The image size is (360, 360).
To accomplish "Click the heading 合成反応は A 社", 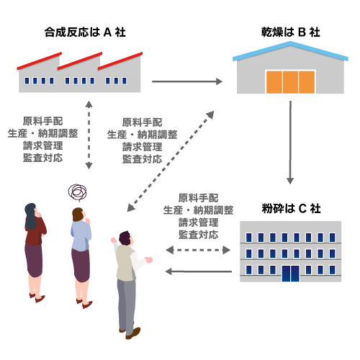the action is (85, 32).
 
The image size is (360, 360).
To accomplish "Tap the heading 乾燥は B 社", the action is (290, 32).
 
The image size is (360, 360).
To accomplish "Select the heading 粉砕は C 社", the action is (291, 208).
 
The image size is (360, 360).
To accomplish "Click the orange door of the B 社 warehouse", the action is (290, 82).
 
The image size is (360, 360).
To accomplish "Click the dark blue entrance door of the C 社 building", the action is (291, 274).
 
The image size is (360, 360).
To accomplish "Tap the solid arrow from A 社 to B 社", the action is (187, 81).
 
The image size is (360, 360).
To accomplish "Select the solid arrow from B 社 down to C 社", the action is (290, 143).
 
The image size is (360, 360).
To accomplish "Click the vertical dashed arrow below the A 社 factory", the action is (89, 135).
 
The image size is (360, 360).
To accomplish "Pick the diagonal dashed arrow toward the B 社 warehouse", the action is (171, 161).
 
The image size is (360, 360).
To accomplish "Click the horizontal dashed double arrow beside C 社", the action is (198, 250).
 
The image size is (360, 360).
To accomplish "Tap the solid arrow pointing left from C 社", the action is (199, 271).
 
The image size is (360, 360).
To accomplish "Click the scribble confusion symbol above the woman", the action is (77, 192).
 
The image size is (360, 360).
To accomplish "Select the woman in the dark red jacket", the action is (35, 252).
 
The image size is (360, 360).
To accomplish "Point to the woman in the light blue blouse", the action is (81, 257).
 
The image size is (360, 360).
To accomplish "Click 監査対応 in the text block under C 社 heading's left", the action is (198, 235).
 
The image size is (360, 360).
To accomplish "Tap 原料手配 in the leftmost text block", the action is (42, 121).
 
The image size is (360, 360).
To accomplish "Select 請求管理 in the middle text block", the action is (142, 147).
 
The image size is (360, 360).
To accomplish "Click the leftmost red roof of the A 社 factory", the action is (40, 61).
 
